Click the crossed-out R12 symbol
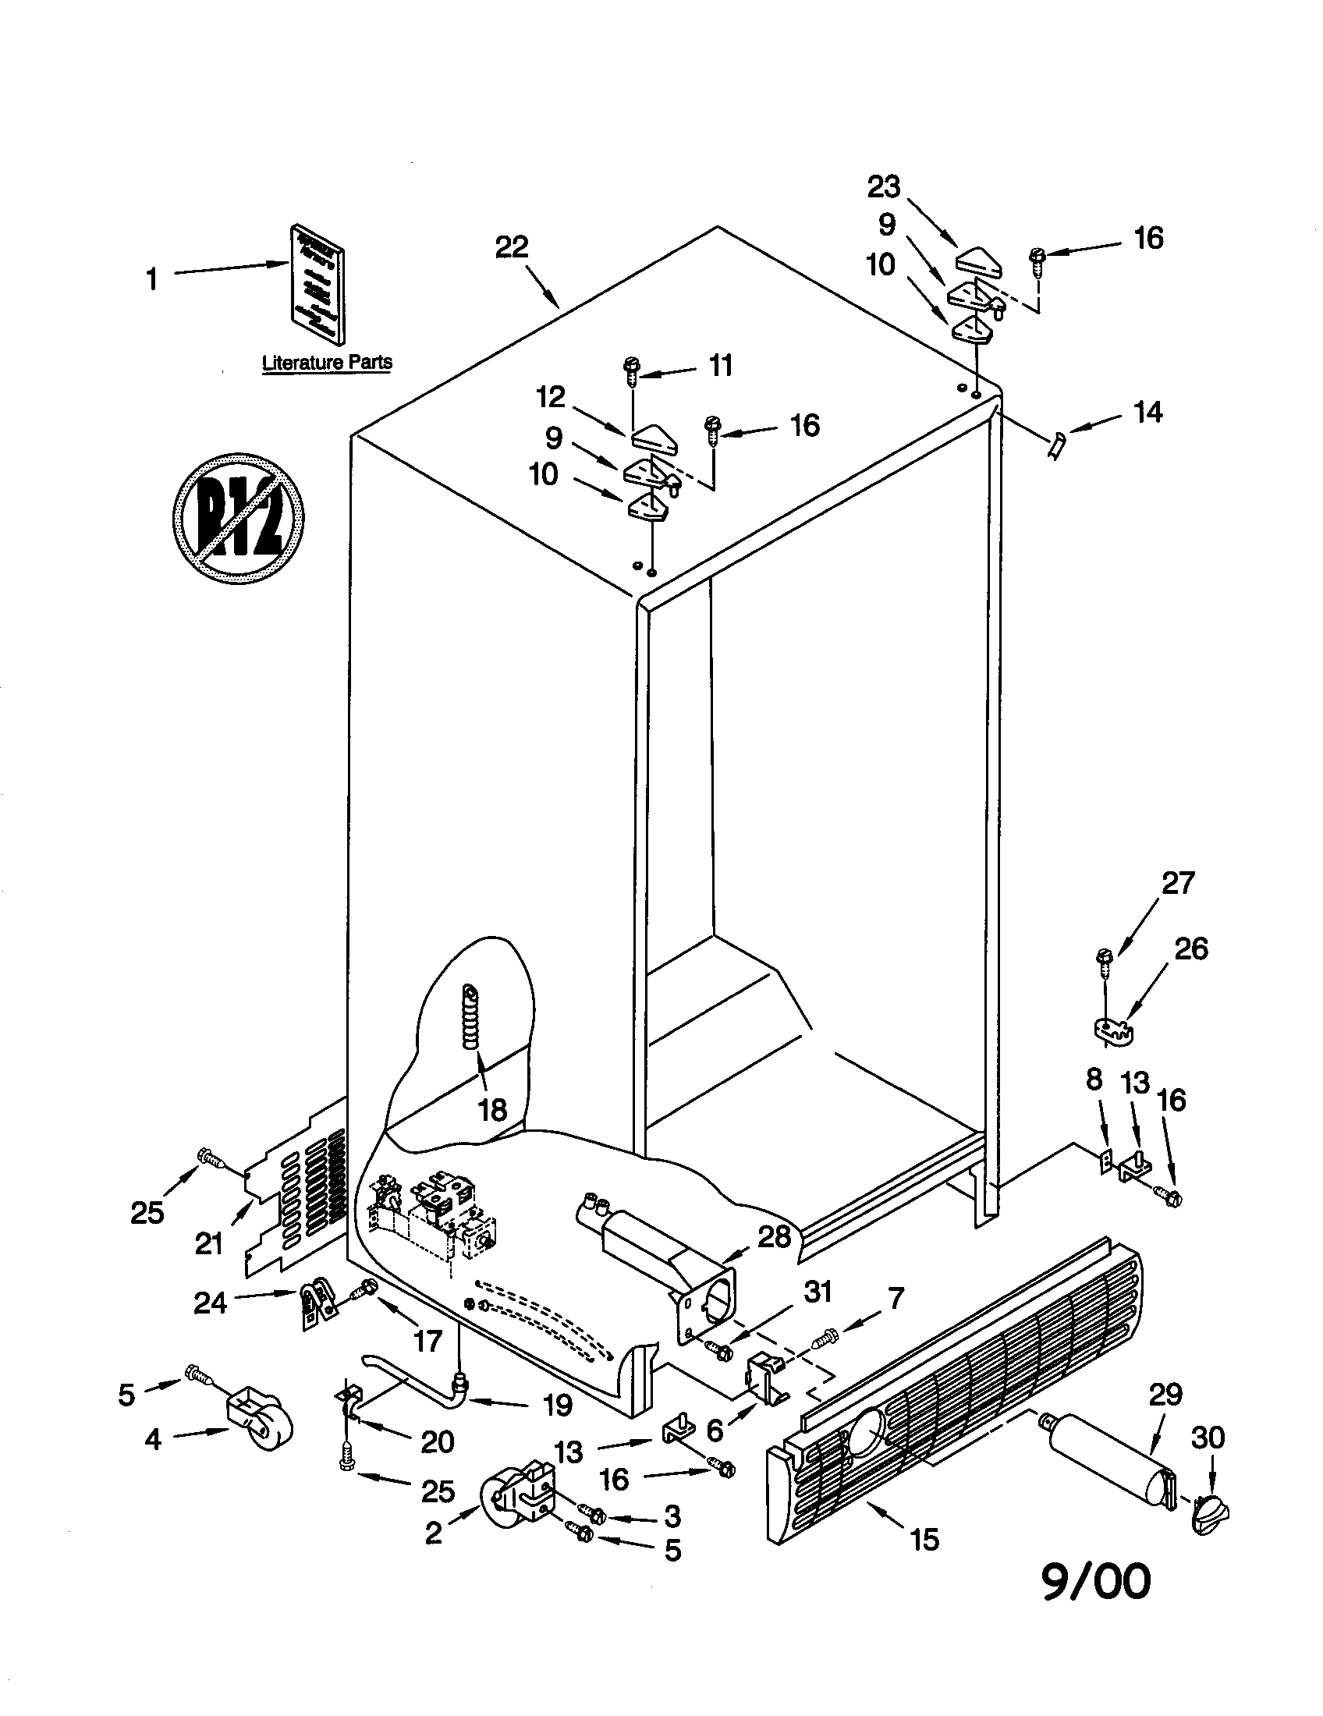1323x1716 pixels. pyautogui.click(x=238, y=518)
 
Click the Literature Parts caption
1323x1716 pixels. pyautogui.click(x=327, y=362)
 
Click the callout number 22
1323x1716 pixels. pyautogui.click(x=512, y=246)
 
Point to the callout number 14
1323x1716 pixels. pyautogui.click(x=1147, y=412)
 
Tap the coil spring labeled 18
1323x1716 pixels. pyautogui.click(x=470, y=1016)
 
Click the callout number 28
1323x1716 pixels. pyautogui.click(x=774, y=1237)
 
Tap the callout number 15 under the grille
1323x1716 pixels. pyautogui.click(x=925, y=1540)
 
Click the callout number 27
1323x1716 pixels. pyautogui.click(x=1178, y=882)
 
